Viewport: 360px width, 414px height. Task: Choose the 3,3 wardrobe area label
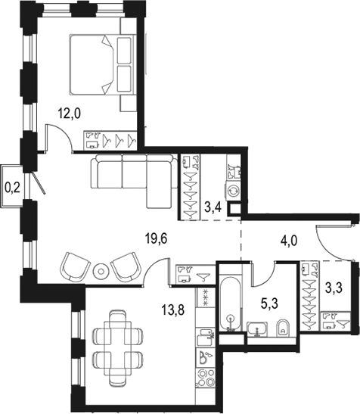(x=334, y=288)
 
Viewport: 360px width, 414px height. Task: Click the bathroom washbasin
(x=257, y=328)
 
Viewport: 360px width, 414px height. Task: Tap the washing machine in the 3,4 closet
(x=234, y=191)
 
